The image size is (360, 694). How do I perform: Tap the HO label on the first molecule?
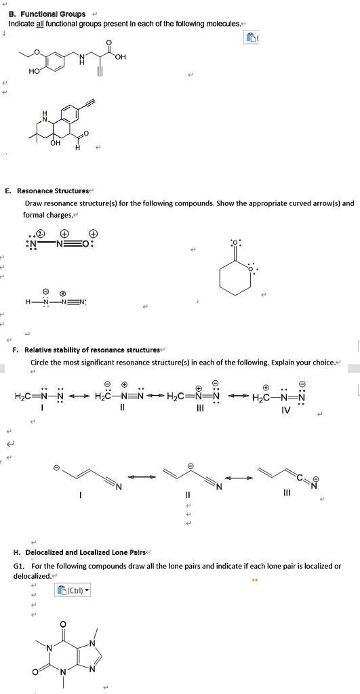coord(34,70)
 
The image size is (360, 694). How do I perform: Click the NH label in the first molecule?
coord(82,59)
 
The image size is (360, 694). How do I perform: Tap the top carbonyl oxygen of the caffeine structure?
coord(63,624)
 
